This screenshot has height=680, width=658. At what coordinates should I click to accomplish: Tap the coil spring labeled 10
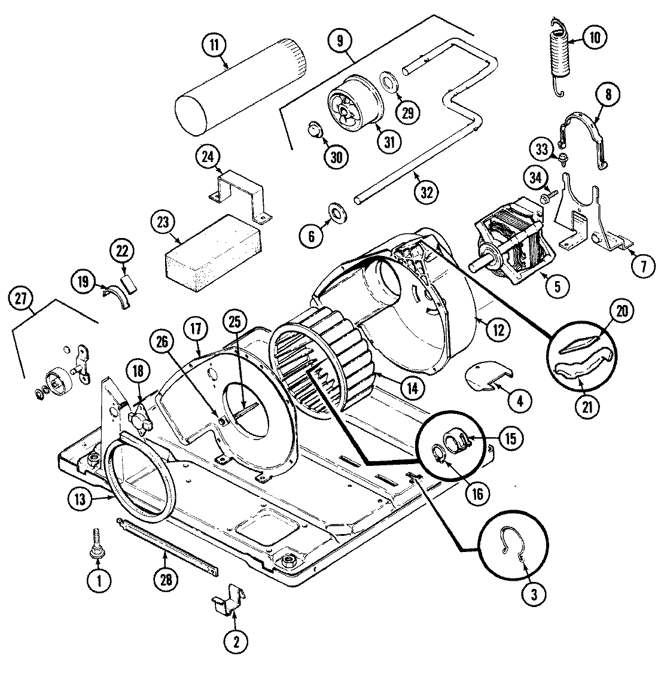click(559, 54)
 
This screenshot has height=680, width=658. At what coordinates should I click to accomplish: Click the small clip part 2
click(230, 600)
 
